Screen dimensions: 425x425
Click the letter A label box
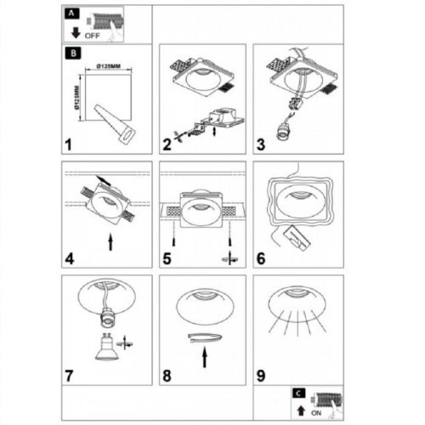point(72,14)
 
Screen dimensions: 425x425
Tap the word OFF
point(93,36)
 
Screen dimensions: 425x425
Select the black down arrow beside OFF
point(76,32)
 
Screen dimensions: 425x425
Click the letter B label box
point(73,54)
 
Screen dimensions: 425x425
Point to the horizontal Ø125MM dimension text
point(108,66)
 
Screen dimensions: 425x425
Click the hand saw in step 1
point(115,125)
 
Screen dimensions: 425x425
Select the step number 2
point(167,144)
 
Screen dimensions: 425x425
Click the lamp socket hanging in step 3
point(283,133)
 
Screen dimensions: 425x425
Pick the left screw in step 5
point(173,242)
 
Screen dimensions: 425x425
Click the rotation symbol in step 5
point(229,258)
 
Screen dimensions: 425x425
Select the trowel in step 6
point(297,238)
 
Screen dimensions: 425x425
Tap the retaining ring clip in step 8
point(205,338)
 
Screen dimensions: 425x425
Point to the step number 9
point(261,376)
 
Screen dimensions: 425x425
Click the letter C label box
point(298,393)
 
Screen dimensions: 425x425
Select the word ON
point(316,413)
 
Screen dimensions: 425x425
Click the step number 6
point(261,258)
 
